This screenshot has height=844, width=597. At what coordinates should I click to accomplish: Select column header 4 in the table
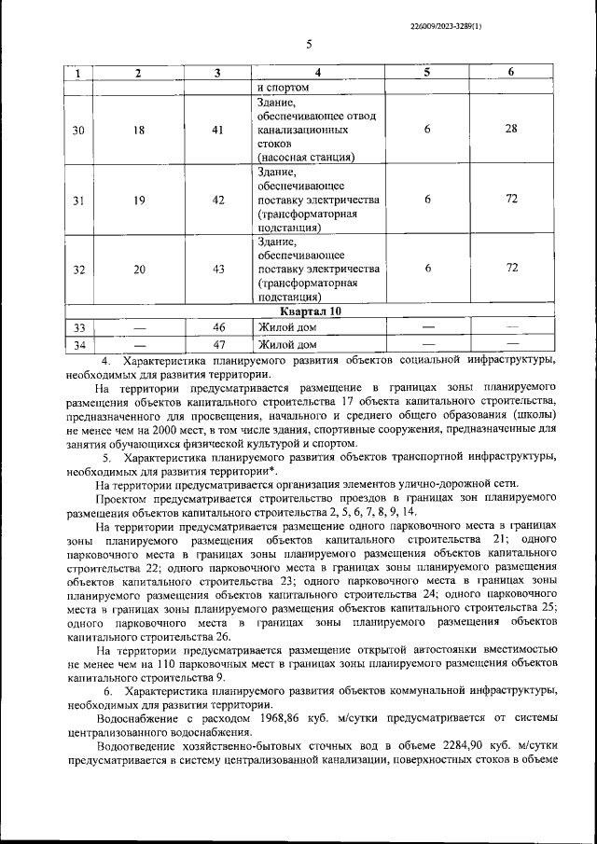click(x=317, y=73)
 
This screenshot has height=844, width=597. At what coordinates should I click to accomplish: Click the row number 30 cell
click(x=78, y=130)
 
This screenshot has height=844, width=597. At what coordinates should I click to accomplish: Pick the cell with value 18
click(x=138, y=130)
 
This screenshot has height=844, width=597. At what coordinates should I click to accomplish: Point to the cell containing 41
click(x=217, y=130)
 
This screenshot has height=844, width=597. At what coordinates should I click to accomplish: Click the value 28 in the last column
click(x=511, y=129)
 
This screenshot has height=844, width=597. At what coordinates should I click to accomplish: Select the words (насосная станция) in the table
click(x=305, y=158)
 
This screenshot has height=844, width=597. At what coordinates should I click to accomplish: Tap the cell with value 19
click(x=138, y=200)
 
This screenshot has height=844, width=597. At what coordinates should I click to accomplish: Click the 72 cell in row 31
click(x=511, y=200)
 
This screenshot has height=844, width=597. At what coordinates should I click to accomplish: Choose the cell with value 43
click(x=217, y=269)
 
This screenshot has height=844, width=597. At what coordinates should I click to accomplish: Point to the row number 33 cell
click(x=78, y=327)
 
